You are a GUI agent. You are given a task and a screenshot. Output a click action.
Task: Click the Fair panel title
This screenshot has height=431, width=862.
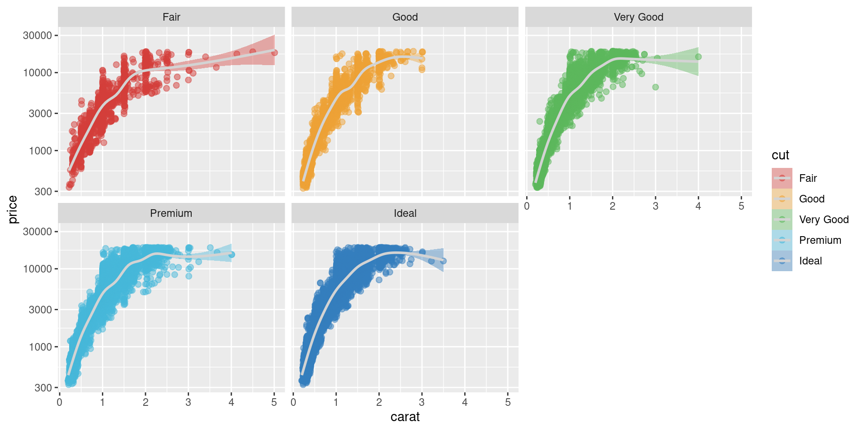(x=171, y=17)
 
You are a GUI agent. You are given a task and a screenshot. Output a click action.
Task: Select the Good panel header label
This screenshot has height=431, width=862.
(x=405, y=17)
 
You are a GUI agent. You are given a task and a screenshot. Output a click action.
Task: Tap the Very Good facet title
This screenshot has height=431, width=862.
(x=638, y=17)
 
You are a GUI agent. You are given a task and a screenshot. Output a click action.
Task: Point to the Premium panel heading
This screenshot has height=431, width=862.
(x=171, y=213)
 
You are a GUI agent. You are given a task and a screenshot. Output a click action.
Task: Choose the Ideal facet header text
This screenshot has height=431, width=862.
(x=405, y=213)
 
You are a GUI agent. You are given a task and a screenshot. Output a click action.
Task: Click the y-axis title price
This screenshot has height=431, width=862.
(x=13, y=209)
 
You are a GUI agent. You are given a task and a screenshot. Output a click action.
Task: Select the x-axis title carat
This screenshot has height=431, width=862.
(x=405, y=417)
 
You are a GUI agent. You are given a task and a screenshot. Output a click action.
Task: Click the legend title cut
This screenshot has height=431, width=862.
(x=780, y=155)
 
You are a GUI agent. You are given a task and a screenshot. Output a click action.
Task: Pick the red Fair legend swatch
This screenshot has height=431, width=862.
(x=782, y=178)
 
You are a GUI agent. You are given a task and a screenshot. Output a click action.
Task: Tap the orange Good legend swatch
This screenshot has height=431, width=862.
(x=782, y=199)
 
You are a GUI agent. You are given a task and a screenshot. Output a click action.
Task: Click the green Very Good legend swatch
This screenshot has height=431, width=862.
(x=782, y=220)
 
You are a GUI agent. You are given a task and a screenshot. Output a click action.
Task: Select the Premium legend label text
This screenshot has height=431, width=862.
(x=820, y=240)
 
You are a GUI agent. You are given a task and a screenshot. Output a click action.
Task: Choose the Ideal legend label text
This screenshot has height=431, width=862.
(x=810, y=261)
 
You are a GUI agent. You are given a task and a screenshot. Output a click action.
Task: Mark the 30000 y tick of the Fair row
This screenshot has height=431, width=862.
(x=38, y=35)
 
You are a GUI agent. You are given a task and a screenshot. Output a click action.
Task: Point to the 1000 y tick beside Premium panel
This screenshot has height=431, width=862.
(x=40, y=347)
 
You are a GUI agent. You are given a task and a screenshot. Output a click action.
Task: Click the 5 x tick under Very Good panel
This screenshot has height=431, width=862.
(x=741, y=206)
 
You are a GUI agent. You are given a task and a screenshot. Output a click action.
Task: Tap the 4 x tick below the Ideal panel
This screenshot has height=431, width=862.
(x=465, y=402)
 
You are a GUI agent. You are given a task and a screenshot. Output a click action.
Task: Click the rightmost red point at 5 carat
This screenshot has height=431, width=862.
(x=274, y=53)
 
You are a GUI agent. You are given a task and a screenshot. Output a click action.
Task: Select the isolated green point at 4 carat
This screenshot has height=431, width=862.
(x=698, y=57)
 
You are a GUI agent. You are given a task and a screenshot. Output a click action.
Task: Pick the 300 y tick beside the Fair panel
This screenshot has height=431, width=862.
(x=43, y=192)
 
